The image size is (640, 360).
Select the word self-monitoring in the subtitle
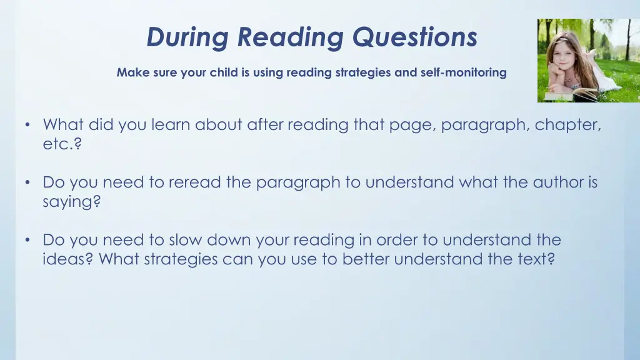[467, 72]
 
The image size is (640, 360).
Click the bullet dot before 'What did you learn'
[27, 125]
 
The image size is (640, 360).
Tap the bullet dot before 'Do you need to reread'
[27, 182]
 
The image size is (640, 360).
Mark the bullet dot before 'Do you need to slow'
[27, 240]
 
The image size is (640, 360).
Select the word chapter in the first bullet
[567, 125]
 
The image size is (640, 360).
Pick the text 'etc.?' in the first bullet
[62, 144]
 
